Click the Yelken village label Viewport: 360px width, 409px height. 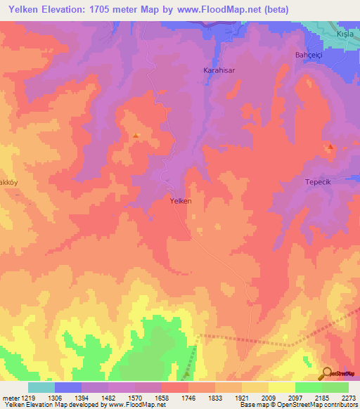pyautogui.click(x=181, y=200)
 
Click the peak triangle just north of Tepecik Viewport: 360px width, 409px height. pyautogui.click(x=330, y=147)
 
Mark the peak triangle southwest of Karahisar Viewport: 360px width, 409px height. pyautogui.click(x=136, y=136)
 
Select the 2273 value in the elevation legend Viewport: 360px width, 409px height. pyautogui.click(x=349, y=397)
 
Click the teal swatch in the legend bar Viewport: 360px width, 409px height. pyautogui.click(x=41, y=387)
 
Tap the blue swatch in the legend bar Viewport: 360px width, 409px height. pyautogui.click(x=68, y=387)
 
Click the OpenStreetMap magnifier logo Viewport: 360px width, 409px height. pyautogui.click(x=328, y=372)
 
